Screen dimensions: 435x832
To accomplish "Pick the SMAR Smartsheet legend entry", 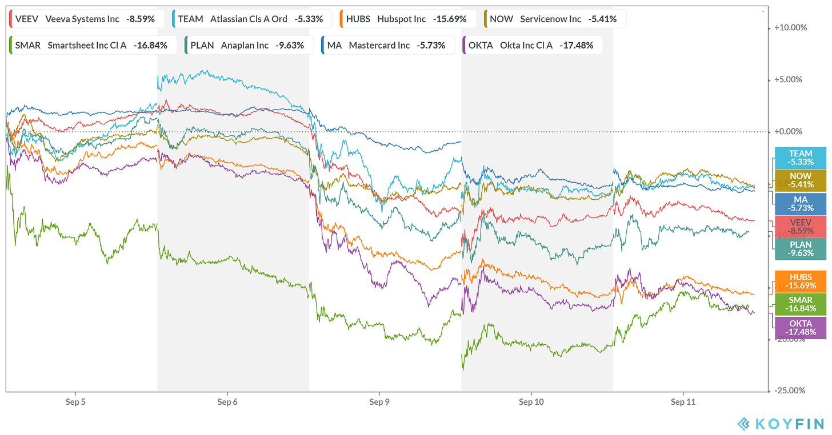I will [91, 45].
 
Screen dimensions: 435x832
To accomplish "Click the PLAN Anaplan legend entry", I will [249, 45].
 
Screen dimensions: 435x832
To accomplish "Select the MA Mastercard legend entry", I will [387, 45].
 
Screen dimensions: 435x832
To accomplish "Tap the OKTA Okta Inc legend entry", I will [531, 45].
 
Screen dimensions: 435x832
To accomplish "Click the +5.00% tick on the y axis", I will [790, 80].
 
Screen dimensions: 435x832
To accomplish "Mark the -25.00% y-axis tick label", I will [789, 390].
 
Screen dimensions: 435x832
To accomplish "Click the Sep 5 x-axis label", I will [75, 402].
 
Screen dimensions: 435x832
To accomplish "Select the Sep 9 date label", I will [379, 402].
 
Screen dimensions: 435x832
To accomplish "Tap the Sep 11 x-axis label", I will [683, 402].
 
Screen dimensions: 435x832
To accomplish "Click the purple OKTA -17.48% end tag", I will [800, 328].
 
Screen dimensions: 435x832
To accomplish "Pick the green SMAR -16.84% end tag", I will [800, 304].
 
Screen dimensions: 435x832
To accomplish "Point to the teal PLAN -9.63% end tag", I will [800, 249].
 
